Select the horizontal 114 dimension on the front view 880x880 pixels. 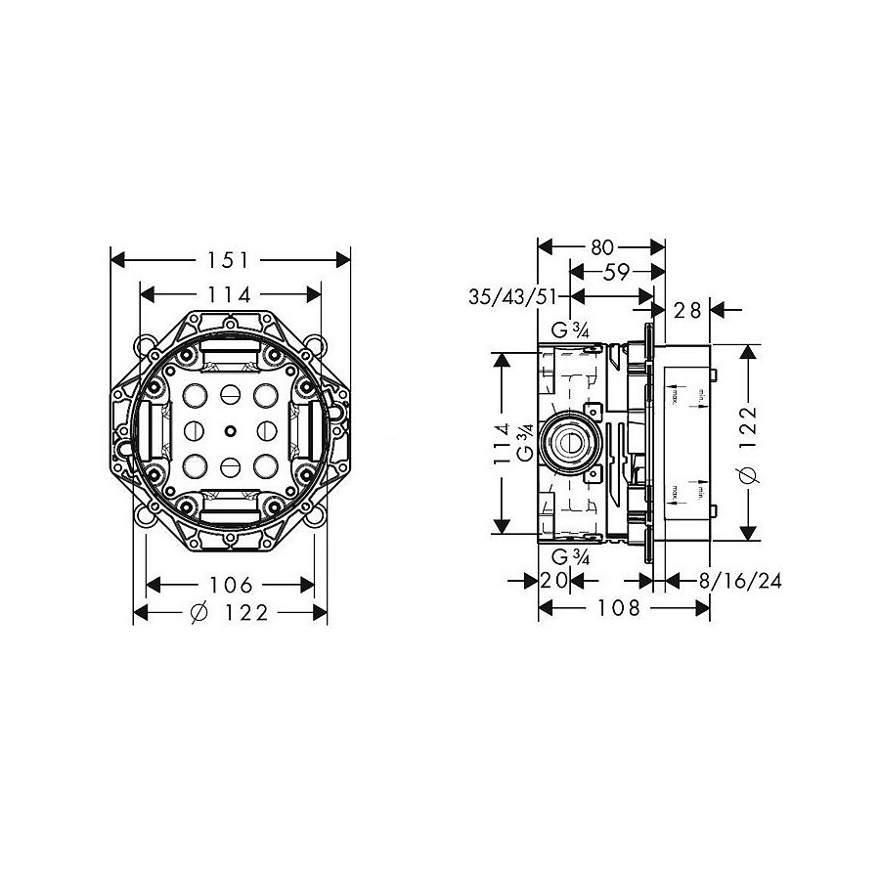[x=231, y=293]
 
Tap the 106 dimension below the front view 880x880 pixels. [x=231, y=585]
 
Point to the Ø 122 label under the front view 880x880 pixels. [x=231, y=612]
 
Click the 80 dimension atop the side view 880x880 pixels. [x=602, y=248]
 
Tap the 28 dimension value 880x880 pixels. [x=688, y=310]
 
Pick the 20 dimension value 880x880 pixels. [x=554, y=581]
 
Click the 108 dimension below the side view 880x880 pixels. [x=620, y=608]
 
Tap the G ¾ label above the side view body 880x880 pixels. [x=570, y=329]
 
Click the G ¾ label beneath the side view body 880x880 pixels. [x=569, y=556]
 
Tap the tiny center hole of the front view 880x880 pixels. [x=230, y=430]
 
